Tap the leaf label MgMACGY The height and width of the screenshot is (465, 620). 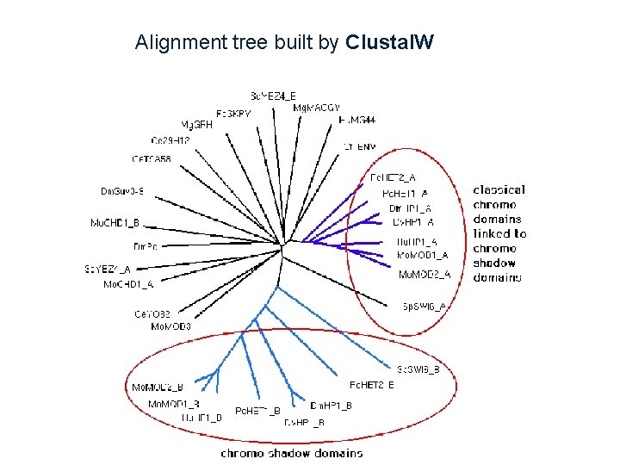(316, 108)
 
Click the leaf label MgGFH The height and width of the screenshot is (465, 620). (196, 124)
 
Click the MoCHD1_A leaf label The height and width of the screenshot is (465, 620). (128, 283)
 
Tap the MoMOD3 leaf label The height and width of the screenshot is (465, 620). (170, 326)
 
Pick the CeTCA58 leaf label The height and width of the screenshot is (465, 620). (151, 159)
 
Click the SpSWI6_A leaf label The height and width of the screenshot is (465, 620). (425, 306)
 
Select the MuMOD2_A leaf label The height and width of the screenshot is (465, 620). (424, 275)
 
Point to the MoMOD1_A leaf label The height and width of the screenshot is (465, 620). (422, 255)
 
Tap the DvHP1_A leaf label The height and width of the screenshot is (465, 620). (412, 222)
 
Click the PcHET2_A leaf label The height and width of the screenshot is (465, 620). (393, 178)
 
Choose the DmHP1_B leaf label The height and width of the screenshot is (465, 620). (331, 406)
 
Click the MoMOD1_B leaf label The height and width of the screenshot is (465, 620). (173, 404)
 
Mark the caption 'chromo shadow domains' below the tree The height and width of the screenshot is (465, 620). (292, 452)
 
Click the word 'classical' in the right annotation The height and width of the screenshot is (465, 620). (499, 189)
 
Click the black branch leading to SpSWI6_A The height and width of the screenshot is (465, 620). (353, 284)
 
